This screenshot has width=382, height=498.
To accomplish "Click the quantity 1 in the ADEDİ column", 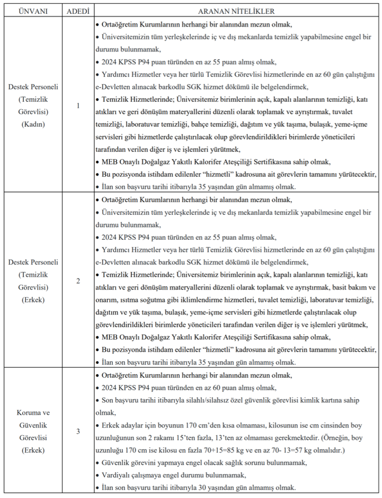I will [78, 106].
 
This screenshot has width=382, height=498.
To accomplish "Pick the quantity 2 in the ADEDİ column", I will [78, 280].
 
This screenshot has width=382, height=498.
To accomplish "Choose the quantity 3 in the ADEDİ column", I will [78, 431].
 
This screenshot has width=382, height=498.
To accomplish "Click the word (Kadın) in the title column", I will [33, 124].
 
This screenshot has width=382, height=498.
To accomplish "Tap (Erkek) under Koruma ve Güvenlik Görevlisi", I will [33, 450].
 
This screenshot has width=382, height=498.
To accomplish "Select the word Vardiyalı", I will [117, 476].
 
